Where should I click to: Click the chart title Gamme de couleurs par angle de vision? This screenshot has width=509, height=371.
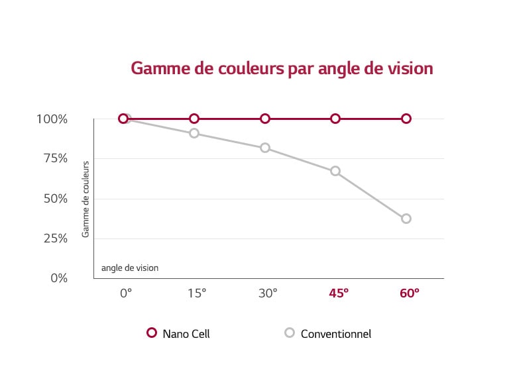click(x=282, y=69)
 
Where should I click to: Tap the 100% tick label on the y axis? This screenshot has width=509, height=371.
click(x=53, y=119)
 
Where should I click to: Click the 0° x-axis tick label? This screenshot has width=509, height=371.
click(x=126, y=292)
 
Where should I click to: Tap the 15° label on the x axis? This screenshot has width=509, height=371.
click(x=196, y=292)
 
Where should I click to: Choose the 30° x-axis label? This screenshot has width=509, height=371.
click(x=267, y=292)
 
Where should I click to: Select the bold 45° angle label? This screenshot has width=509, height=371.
click(x=338, y=292)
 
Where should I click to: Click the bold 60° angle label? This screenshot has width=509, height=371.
click(x=409, y=292)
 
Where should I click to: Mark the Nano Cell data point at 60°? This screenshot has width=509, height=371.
click(x=406, y=119)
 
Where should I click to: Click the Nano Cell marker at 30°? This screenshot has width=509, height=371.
click(x=265, y=119)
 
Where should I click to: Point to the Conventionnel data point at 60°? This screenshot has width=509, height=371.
click(x=406, y=219)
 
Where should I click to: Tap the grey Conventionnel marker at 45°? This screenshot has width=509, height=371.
click(x=335, y=171)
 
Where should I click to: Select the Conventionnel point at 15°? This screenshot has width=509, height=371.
click(x=194, y=133)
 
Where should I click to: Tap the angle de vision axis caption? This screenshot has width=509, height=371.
click(x=130, y=268)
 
